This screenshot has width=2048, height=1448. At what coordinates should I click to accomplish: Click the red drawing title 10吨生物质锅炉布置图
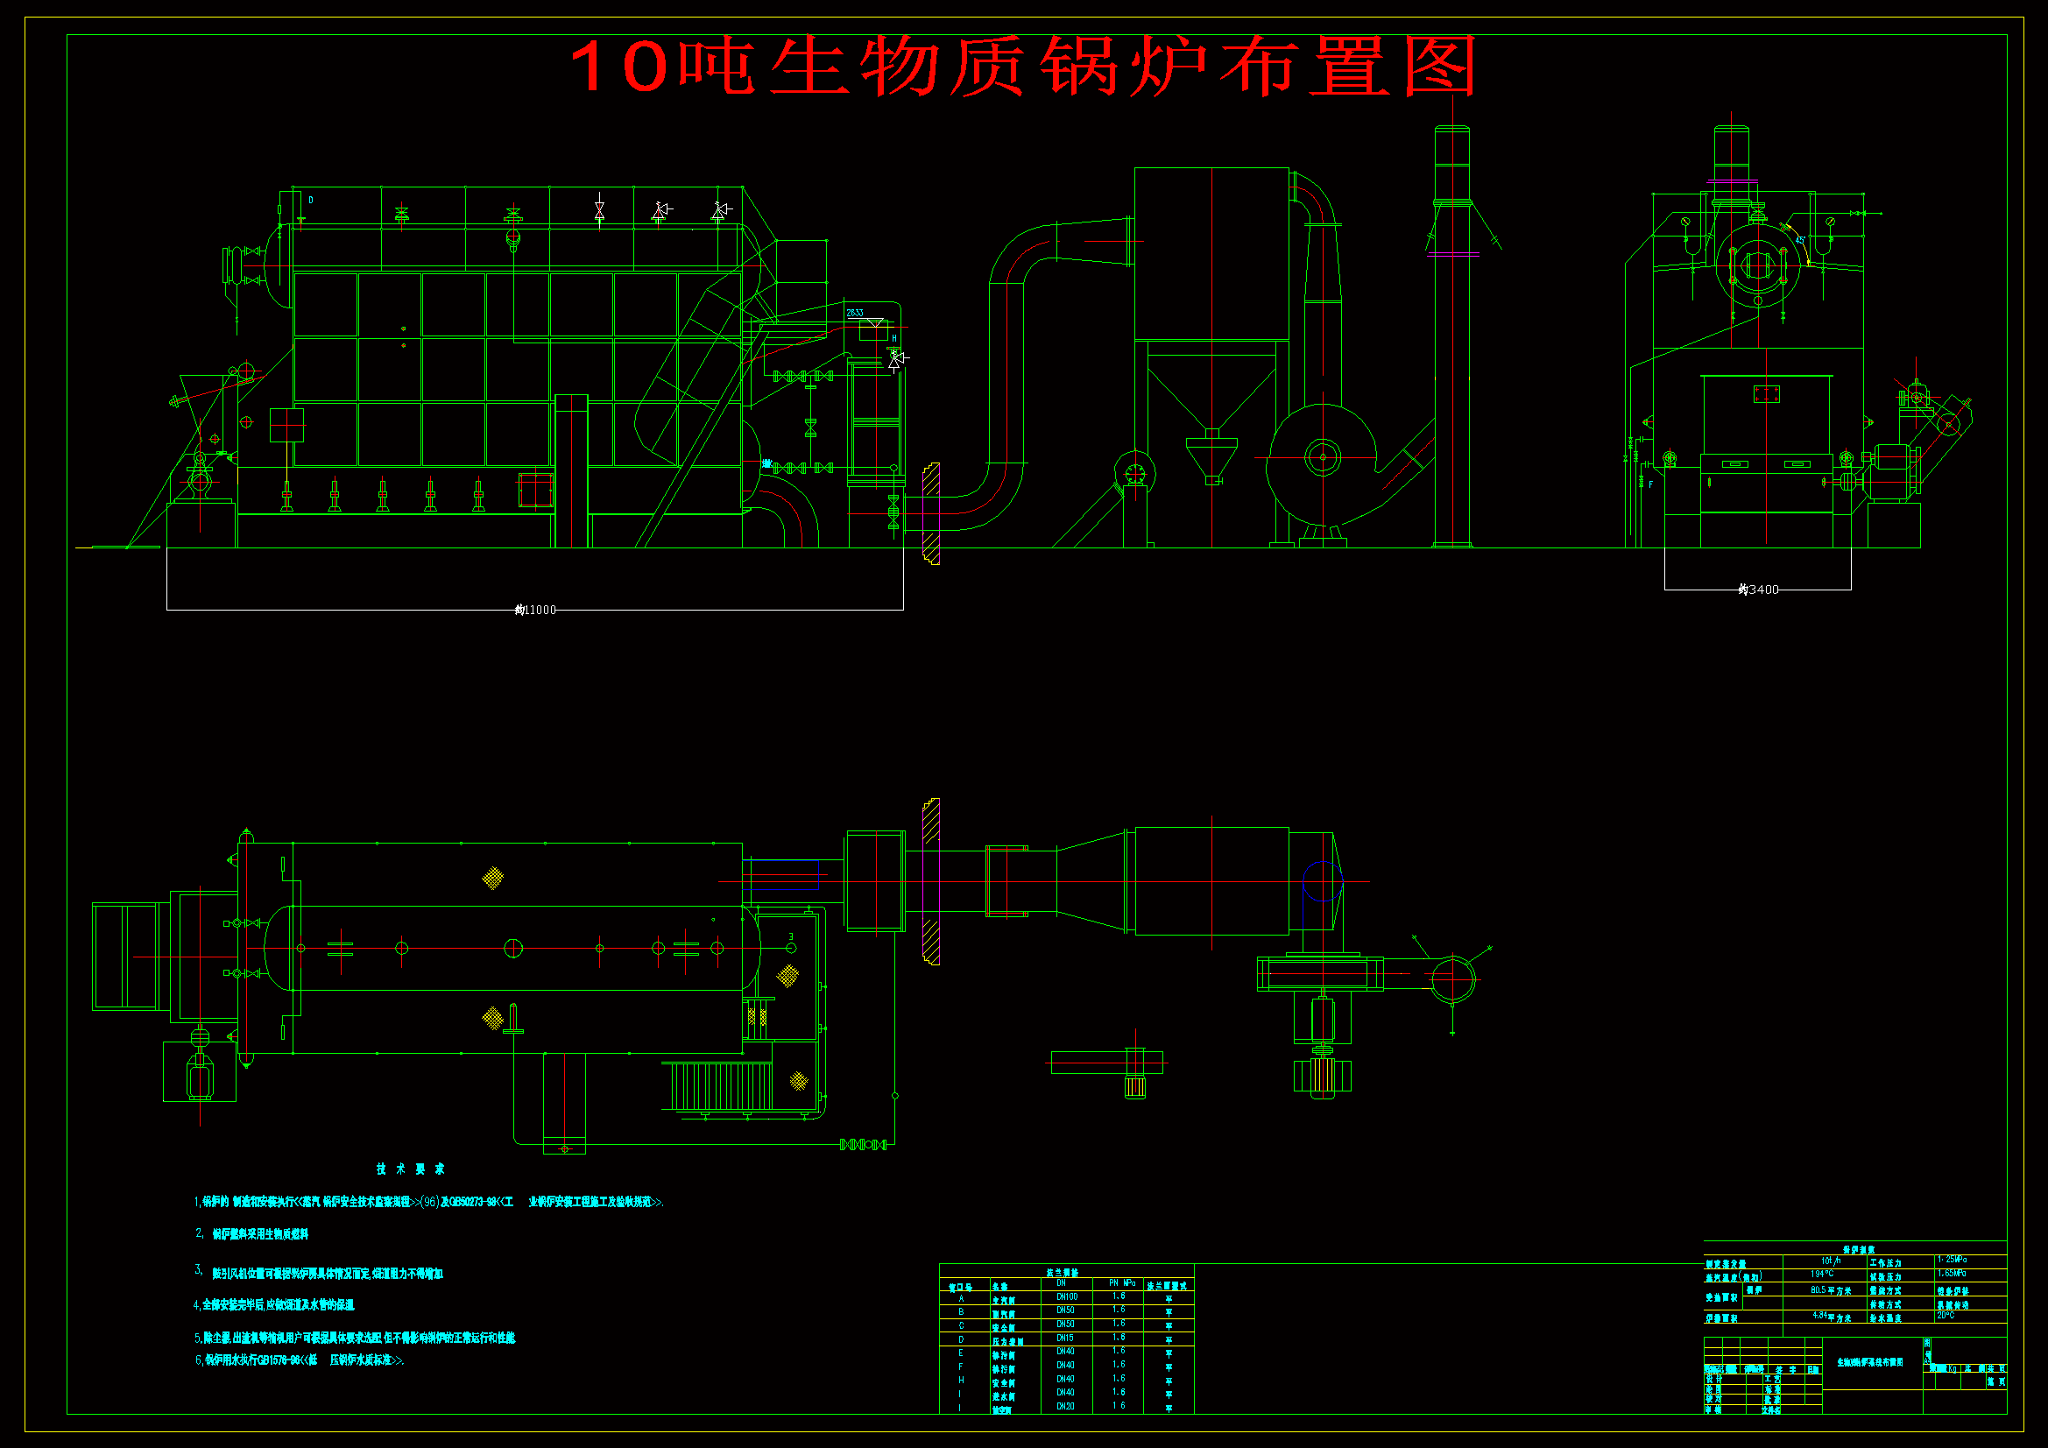coord(1022,66)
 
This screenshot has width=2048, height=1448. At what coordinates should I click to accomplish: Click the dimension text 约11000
coord(535,611)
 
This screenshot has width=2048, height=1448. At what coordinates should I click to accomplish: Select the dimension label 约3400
coord(1758,590)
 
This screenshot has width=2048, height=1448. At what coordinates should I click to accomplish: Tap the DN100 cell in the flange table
coord(1067,1296)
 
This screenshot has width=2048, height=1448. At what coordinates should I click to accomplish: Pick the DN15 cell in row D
coord(1065,1339)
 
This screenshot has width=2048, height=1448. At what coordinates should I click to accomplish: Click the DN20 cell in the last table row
coord(1065,1406)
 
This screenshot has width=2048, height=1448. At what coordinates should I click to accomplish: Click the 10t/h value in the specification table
coord(1831,1261)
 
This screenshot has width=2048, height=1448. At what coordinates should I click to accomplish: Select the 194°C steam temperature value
coord(1822,1274)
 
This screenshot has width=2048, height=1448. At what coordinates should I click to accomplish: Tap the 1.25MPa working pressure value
coord(1952,1260)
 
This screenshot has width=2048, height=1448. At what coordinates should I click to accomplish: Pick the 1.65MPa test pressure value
coord(1952,1273)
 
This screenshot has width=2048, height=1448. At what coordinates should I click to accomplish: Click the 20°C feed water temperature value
coord(1946,1315)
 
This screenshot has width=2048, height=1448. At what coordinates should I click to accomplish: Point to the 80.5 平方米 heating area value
coord(1831,1290)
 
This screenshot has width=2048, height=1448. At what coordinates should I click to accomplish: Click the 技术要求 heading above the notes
coord(410,1169)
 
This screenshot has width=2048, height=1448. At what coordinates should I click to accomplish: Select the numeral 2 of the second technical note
coord(199,1233)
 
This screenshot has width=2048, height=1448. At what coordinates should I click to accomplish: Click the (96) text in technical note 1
coord(429,1202)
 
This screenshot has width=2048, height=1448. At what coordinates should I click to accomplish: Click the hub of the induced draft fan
coord(1323,457)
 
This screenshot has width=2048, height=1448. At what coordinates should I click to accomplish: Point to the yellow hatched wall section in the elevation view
coord(931,514)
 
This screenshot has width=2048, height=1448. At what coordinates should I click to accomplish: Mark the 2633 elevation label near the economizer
coord(855,313)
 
